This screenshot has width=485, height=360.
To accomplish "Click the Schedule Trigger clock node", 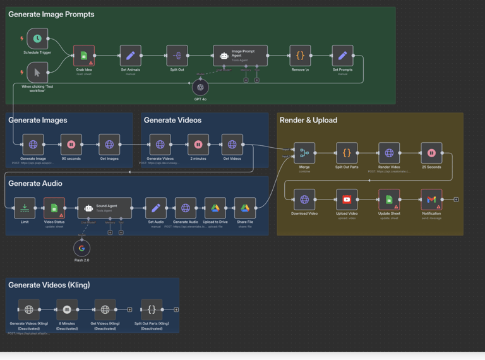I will pos(37,39).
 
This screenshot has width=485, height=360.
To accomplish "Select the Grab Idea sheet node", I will pos(84,56).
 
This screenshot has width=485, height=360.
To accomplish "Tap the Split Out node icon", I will pos(177,56).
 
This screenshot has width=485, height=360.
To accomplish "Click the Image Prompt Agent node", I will pos(240,56).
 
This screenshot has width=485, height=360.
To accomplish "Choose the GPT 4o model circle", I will pos(200,87).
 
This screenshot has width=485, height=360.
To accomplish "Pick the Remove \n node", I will pos(300,56).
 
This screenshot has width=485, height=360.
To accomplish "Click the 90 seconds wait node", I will pos(71,145).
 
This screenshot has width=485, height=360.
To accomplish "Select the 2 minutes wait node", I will pos(198,145).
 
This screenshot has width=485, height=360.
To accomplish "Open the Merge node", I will pos(304,153).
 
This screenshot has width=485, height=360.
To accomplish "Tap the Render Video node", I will pos(389,153).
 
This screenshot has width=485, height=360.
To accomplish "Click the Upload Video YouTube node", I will pos(347,200).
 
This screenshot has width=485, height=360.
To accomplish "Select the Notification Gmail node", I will pos(431,200).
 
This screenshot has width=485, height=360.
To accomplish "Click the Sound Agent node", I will pos(105,208).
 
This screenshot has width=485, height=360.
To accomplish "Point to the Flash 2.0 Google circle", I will pos(81,248).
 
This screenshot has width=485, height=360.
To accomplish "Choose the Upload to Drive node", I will pos(215,208).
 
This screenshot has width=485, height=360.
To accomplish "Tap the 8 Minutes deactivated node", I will pos(67,309).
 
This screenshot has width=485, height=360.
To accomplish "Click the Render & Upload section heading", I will pos(308,120).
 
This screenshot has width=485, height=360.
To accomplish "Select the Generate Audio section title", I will pos(35,183).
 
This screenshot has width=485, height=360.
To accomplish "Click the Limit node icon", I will pos(25,208).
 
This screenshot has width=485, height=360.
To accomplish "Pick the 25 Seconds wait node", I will pos(431,153).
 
